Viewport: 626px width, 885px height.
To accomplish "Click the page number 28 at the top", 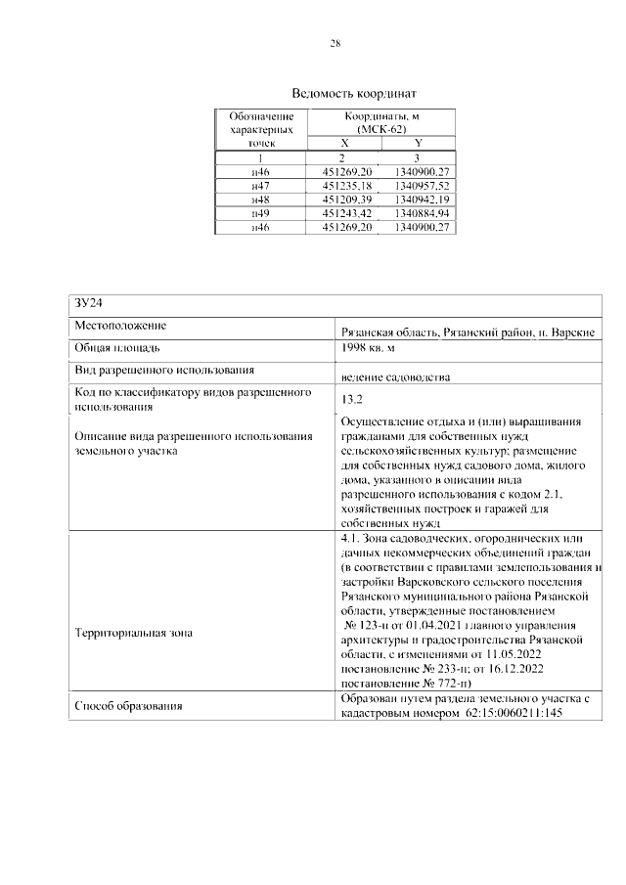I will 335,44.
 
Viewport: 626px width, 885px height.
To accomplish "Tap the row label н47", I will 260,184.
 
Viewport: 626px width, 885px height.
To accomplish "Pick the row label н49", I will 260,212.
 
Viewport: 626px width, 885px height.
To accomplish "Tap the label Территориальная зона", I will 133,633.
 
